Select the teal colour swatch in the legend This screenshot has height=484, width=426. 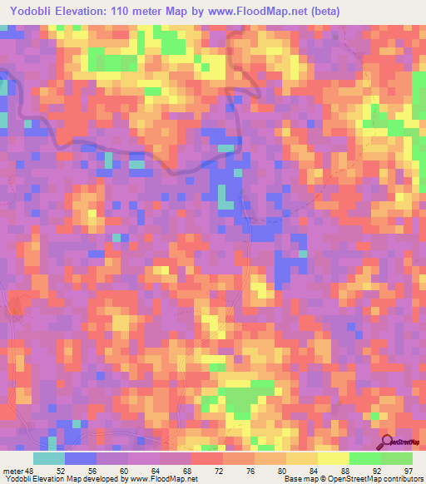click(x=48, y=458)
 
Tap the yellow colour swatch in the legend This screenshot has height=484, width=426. click(x=333, y=458)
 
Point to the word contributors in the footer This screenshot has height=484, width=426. click(x=401, y=479)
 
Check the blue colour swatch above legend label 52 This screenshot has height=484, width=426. click(x=80, y=458)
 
